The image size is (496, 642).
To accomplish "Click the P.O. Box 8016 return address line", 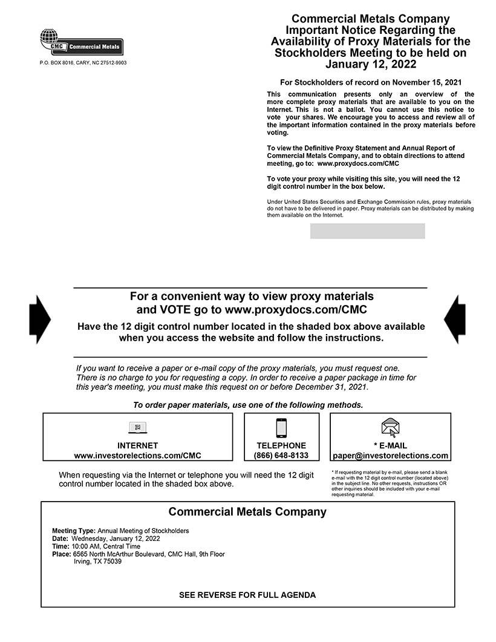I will pyautogui.click(x=83, y=63).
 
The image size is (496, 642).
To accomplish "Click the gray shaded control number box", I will pyautogui.click(x=367, y=231).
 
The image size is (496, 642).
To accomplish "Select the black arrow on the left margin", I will pyautogui.click(x=40, y=319).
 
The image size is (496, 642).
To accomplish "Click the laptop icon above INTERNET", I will pyautogui.click(x=138, y=428).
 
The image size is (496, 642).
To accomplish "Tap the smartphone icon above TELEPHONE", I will pyautogui.click(x=281, y=428).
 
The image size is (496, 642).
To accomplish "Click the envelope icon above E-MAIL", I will pyautogui.click(x=391, y=428).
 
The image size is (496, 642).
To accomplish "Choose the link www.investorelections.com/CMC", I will pyautogui.click(x=137, y=456).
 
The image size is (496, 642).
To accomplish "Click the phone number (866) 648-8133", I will pyautogui.click(x=281, y=456).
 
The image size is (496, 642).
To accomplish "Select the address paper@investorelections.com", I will pyautogui.click(x=391, y=456).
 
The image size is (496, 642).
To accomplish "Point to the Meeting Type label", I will pyautogui.click(x=74, y=531).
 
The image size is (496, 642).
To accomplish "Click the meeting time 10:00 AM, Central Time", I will pyautogui.click(x=106, y=546).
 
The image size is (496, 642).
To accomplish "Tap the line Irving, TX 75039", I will pyautogui.click(x=97, y=562).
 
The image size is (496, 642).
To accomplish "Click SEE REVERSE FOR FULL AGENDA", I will pyautogui.click(x=247, y=595).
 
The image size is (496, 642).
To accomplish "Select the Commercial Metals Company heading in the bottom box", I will pyautogui.click(x=247, y=512).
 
